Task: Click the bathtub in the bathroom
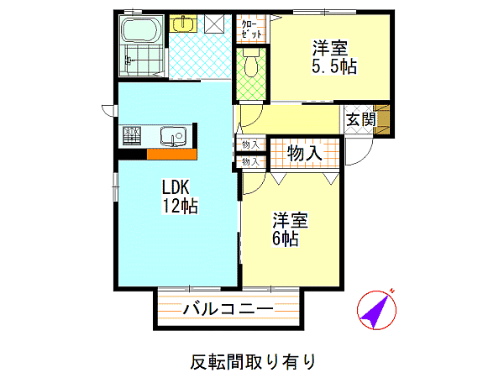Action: (141, 29)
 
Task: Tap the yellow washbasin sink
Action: (183, 24)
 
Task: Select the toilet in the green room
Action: (251, 63)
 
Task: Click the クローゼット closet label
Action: (251, 29)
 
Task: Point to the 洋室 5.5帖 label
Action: (334, 57)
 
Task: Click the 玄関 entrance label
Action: (360, 119)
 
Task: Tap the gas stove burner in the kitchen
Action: (132, 135)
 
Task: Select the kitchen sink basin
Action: (173, 135)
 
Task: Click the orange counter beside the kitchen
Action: (171, 154)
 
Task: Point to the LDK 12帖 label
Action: (180, 197)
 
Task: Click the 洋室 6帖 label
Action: (290, 228)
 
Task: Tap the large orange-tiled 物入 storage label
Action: (304, 154)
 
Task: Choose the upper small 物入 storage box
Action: (250, 144)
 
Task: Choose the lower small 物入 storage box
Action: (250, 161)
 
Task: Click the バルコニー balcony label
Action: (228, 309)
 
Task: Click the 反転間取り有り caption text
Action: (253, 362)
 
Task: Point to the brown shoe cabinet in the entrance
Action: (383, 119)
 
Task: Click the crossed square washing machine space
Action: (214, 24)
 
